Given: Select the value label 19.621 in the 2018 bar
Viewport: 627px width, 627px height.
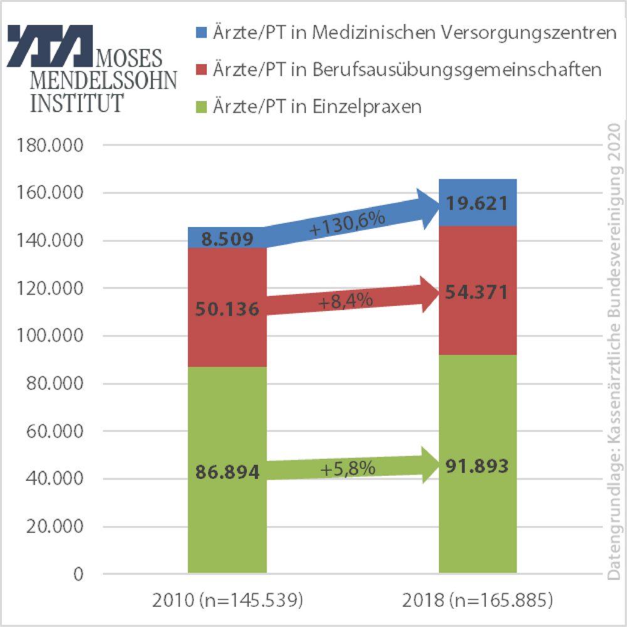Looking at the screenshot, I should coord(478,203).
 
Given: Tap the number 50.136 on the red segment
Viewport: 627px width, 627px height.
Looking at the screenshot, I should coord(227,309).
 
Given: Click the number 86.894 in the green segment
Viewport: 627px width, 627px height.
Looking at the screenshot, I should coord(227,472).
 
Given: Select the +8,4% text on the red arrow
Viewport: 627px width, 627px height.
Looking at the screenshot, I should coord(345,301).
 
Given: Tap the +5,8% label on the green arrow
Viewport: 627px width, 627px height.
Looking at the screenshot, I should coord(347,468).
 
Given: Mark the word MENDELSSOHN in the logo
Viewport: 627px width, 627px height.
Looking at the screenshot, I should coord(104,80).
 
